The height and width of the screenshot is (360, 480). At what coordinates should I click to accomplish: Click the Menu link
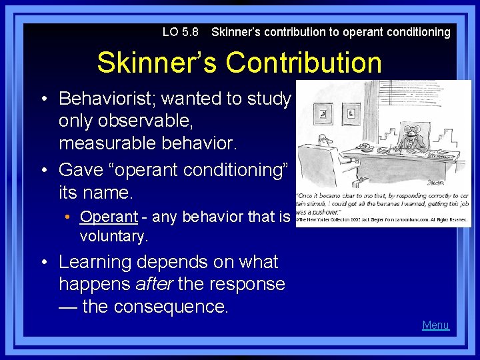pyautogui.click(x=435, y=325)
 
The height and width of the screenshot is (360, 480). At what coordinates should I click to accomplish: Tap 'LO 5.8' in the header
pyautogui.click(x=180, y=32)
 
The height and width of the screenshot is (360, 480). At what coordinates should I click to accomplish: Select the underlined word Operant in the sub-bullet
pyautogui.click(x=109, y=217)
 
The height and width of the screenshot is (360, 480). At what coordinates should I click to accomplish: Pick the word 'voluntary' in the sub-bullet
pyautogui.click(x=114, y=235)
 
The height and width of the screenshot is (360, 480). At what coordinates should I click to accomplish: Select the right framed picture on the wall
pyautogui.click(x=353, y=113)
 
